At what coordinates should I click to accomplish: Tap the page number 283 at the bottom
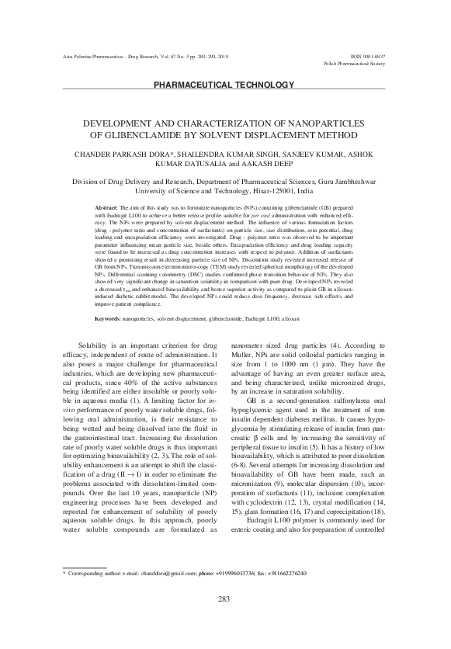pyautogui.click(x=225, y=619)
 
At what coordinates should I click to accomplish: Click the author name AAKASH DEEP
pyautogui.click(x=266, y=165)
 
